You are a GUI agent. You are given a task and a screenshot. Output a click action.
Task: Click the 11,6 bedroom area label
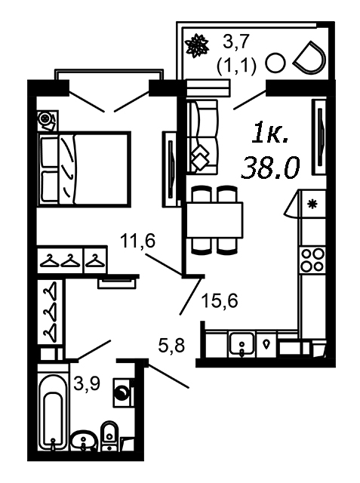pyautogui.click(x=137, y=241)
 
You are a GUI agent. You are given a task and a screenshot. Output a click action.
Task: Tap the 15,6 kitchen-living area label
pyautogui.click(x=220, y=300)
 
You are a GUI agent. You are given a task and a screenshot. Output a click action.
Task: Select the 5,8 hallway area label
pyautogui.click(x=171, y=345)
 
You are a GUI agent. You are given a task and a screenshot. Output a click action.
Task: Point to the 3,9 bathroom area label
pyautogui.click(x=87, y=383)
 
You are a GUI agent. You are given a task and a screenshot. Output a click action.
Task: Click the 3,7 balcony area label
pyautogui.click(x=236, y=42)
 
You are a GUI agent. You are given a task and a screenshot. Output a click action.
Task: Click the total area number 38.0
pyautogui.click(x=270, y=168)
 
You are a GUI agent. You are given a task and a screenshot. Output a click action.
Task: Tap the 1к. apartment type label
pyautogui.click(x=270, y=134)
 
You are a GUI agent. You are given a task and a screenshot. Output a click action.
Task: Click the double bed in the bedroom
pyautogui.click(x=84, y=168)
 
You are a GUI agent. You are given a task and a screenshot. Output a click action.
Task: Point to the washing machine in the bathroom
pyautogui.click(x=124, y=392)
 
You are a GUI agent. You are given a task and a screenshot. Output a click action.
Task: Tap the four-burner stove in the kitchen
pyautogui.click(x=313, y=260)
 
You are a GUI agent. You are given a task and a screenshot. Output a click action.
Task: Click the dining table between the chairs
pyautogui.click(x=214, y=220)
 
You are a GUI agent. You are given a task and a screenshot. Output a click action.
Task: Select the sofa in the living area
pyautogui.click(x=202, y=137)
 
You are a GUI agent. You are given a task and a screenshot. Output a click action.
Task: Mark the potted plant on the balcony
pyautogui.click(x=196, y=45)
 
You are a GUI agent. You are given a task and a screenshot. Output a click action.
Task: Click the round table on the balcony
pyautogui.click(x=275, y=63)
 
